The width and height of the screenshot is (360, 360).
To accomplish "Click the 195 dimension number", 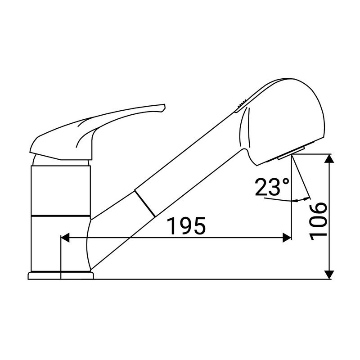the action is pyautogui.click(x=186, y=226).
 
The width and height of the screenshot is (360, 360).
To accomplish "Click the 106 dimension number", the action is pyautogui.click(x=318, y=221).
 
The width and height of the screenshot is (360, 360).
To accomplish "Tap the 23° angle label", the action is pyautogui.click(x=272, y=187).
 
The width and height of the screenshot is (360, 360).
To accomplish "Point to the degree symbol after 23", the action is pyautogui.click(x=286, y=181).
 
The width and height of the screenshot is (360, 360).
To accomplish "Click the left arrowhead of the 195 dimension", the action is pyautogui.click(x=65, y=238).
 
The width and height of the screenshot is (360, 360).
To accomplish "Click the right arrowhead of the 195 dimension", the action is pyautogui.click(x=287, y=238).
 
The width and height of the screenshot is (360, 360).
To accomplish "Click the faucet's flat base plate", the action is pyautogui.click(x=61, y=275).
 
